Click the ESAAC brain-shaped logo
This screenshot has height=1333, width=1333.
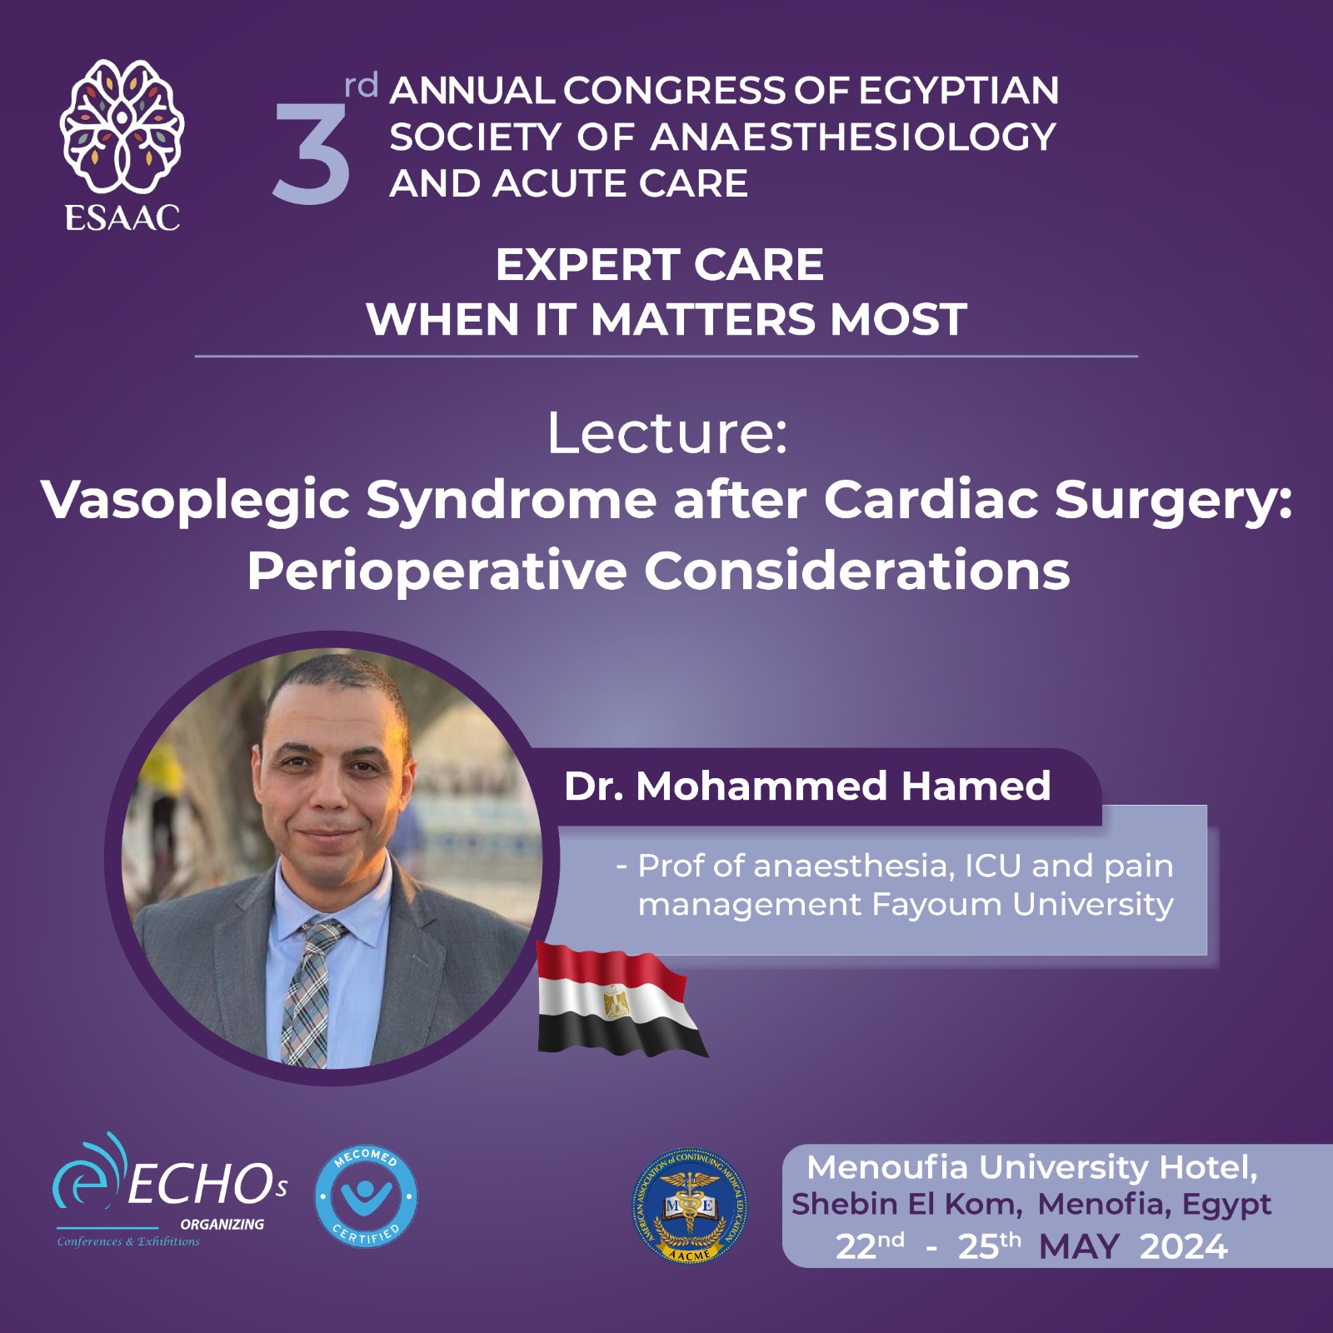pyautogui.click(x=122, y=125)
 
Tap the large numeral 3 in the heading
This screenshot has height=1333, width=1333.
pyautogui.click(x=312, y=155)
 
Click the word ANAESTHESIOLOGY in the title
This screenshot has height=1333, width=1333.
pyautogui.click(x=853, y=137)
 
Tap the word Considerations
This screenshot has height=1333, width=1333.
pyautogui.click(x=857, y=572)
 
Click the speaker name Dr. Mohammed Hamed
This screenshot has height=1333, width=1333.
pyautogui.click(x=807, y=786)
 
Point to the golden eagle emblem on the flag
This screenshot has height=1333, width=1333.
pyautogui.click(x=617, y=1002)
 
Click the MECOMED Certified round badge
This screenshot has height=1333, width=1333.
pyautogui.click(x=367, y=1197)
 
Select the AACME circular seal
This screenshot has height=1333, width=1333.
pyautogui.click(x=689, y=1206)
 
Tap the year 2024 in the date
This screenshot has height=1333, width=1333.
pyautogui.click(x=1183, y=1247)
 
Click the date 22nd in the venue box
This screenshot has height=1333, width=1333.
pyautogui.click(x=870, y=1246)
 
